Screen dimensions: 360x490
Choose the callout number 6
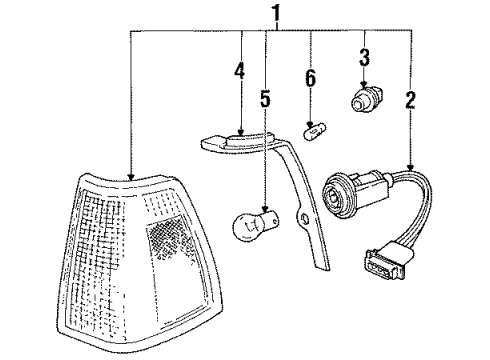coord(312,77)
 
